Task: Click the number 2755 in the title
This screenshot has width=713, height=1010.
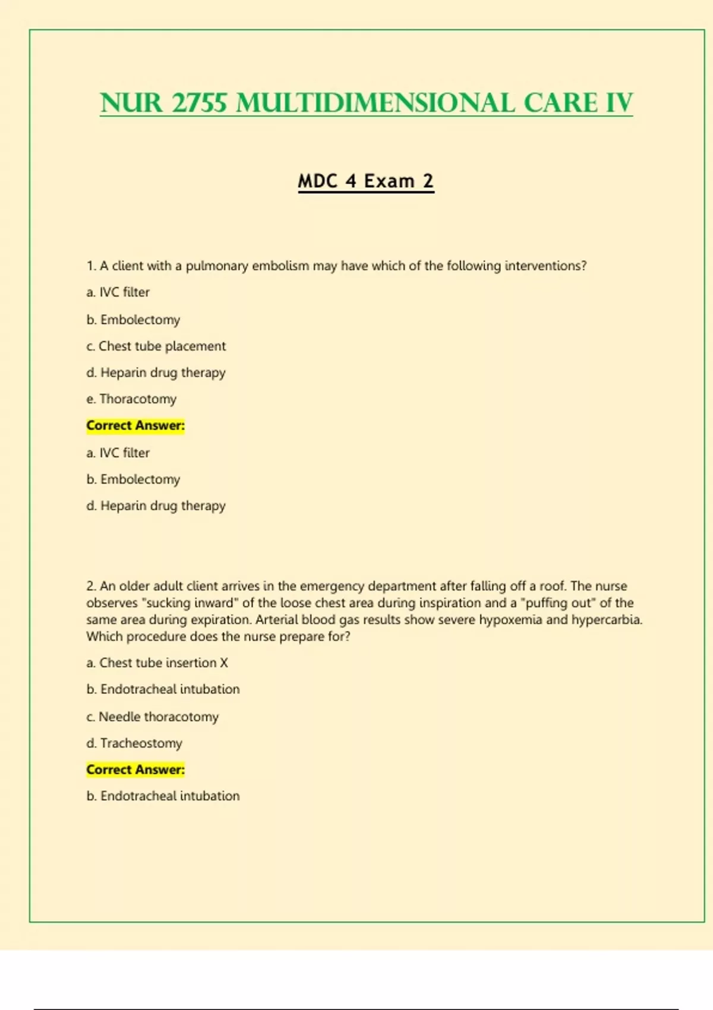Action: pos(200,103)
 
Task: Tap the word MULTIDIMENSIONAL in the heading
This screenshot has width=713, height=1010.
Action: pos(375,103)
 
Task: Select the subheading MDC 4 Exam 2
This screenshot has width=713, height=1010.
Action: pos(365,181)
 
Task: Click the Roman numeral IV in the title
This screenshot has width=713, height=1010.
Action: pos(620,103)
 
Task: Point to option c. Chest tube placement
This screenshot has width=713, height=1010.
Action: pos(156,346)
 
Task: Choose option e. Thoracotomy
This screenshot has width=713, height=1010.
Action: pos(131,399)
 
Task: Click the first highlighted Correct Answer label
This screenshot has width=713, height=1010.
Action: pos(135,425)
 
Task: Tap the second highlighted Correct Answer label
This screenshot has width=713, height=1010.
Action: pos(135,769)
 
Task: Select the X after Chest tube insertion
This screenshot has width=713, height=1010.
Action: pos(224,662)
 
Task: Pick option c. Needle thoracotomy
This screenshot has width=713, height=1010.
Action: pos(153,717)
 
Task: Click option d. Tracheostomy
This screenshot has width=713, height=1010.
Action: pos(134,743)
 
